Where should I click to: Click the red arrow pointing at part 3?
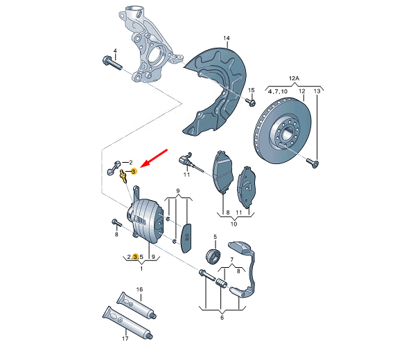[154, 158]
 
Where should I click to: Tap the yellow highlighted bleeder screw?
[123, 176]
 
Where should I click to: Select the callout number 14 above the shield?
[227, 38]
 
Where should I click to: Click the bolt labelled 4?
[112, 63]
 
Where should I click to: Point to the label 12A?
[294, 78]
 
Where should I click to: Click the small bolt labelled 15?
[250, 102]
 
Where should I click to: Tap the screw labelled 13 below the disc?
[313, 163]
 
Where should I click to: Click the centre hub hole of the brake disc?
[286, 134]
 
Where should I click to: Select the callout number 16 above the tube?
[139, 289]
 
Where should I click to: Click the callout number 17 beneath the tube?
[125, 339]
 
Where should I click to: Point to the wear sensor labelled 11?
[188, 162]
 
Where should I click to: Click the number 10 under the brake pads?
[234, 224]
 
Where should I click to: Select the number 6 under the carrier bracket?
[222, 318]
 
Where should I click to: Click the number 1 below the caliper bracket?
[141, 269]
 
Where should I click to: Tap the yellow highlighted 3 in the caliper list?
[135, 257]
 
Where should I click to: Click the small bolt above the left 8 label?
[116, 223]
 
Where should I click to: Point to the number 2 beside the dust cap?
[131, 163]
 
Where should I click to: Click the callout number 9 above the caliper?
[178, 191]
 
